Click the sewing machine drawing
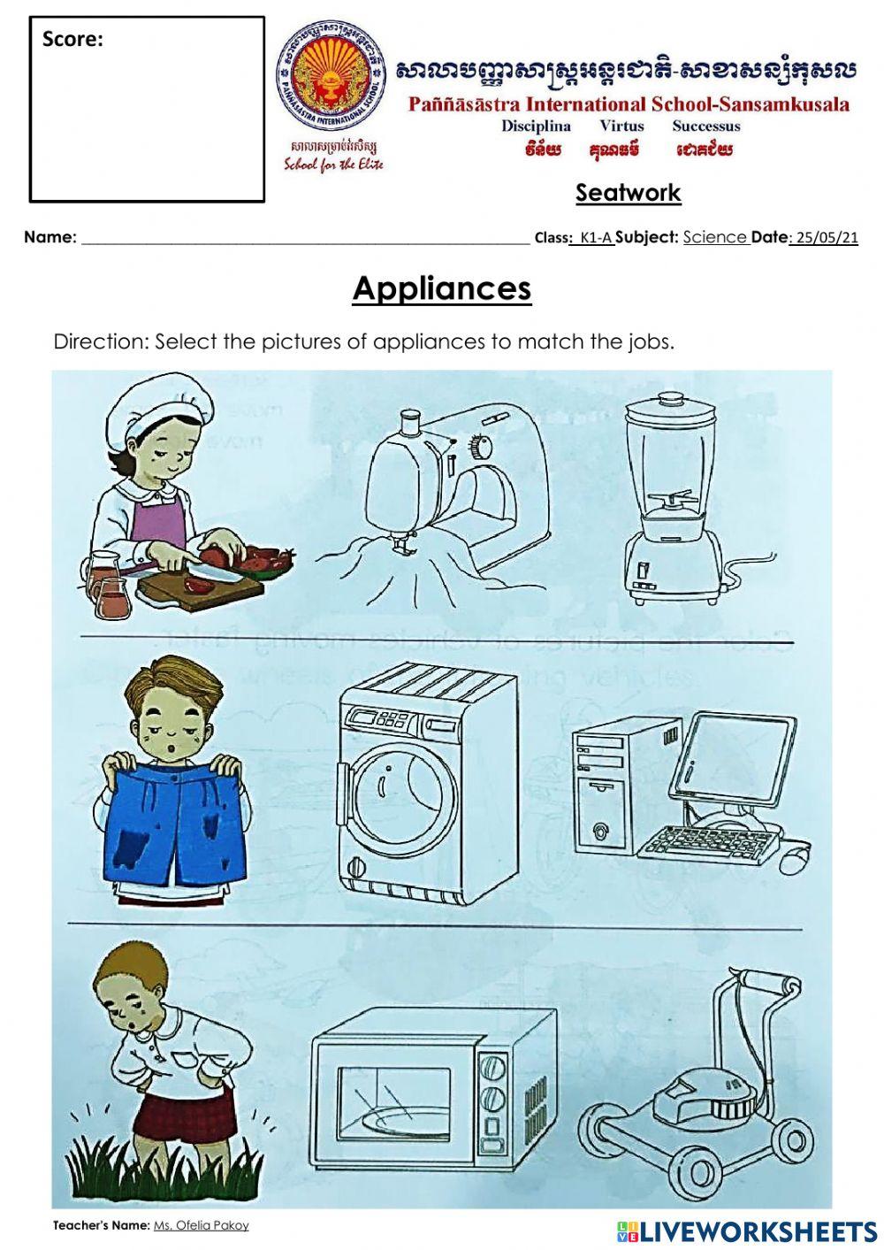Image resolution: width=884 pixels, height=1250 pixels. tap(442, 504)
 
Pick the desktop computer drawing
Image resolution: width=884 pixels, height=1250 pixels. tap(690, 792)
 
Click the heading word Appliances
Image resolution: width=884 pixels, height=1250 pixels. tap(442, 288)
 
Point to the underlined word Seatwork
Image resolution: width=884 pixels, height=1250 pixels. tap(628, 193)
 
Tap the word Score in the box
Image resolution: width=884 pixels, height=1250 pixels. tap(72, 39)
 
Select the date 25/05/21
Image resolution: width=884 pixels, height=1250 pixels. tap(827, 237)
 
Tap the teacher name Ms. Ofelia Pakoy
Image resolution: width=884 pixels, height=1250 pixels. tap(201, 1225)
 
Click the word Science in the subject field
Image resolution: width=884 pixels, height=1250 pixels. tap(715, 237)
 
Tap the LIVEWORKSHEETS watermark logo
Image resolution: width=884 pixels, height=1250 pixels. tap(747, 1231)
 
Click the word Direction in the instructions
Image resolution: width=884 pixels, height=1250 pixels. tap(99, 341)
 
